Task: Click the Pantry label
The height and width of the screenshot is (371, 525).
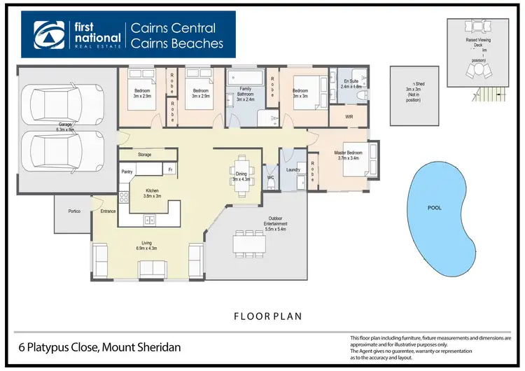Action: [127, 171]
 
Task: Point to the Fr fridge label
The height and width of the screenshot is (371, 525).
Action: [169, 170]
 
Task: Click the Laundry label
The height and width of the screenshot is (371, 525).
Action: [293, 169]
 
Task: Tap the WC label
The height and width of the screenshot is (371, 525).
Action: [271, 177]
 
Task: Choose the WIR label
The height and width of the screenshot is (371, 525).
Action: [349, 117]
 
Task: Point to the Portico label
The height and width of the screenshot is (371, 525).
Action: [75, 211]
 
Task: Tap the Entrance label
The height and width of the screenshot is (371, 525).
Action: [108, 211]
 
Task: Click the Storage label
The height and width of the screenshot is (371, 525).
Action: [144, 154]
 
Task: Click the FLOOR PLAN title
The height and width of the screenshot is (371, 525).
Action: [269, 316]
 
